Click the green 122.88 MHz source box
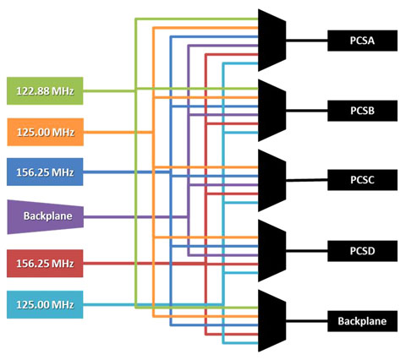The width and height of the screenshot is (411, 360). [x=45, y=90]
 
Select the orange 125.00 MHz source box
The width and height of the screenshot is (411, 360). [x=45, y=132]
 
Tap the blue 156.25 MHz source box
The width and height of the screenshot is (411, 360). [x=45, y=172]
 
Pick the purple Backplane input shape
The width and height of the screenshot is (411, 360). [x=45, y=216]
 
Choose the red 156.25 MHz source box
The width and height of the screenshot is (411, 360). [x=45, y=264]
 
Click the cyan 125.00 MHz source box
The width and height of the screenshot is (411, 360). [x=45, y=304]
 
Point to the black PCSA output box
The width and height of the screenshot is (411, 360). [x=362, y=41]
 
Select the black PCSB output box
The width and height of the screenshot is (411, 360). [x=362, y=111]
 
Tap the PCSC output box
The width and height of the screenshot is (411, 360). [x=362, y=180]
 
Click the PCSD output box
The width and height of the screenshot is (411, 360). [x=362, y=251]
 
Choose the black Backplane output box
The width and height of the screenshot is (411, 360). [x=362, y=321]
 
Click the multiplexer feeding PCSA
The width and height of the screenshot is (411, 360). [x=272, y=41]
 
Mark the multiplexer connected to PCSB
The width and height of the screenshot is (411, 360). [x=272, y=111]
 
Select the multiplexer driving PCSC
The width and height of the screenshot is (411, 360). [x=272, y=181]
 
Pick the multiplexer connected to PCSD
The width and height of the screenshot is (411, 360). [x=272, y=251]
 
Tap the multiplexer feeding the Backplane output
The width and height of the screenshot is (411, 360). [x=272, y=321]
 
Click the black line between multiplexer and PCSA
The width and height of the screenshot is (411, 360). [x=307, y=41]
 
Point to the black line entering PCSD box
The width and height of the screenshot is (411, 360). [x=307, y=250]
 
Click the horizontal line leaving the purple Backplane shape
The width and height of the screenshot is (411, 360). [x=135, y=217]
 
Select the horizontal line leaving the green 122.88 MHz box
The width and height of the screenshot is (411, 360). [x=109, y=91]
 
